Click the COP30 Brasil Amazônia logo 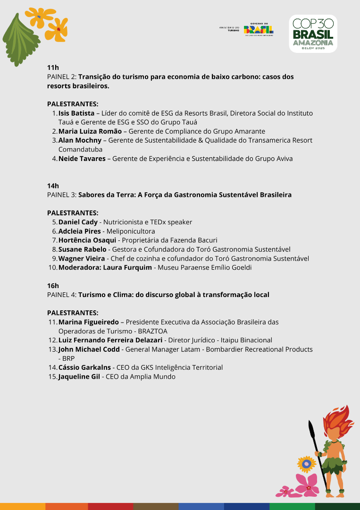pos(313,34)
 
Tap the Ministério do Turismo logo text pos(229,29)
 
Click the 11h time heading pos(53,68)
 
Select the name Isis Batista pos(76,113)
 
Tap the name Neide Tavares pos(82,159)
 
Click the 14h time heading pos(53,186)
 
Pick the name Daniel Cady pos(78,222)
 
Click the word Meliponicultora pos(131,231)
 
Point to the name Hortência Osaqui pos(87,240)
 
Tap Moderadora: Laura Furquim pos(105,268)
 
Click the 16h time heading pos(53,286)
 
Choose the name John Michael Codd pos(89,349)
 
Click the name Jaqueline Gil pos(79,377)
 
